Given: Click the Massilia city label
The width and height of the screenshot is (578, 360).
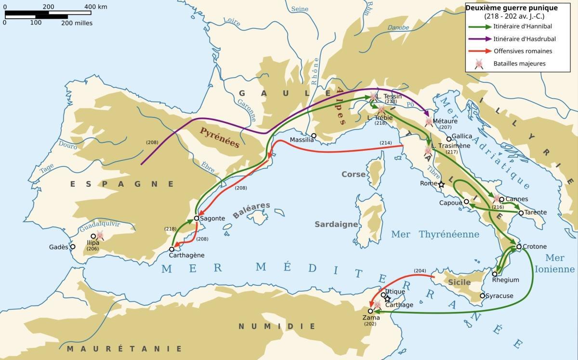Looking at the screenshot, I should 302,140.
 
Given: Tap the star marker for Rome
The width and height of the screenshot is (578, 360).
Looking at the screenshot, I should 441,184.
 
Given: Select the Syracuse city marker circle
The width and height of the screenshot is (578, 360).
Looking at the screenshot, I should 483,296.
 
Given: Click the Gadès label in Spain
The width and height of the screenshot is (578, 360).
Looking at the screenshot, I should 59,247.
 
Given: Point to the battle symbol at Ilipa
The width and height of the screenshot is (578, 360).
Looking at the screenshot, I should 100,235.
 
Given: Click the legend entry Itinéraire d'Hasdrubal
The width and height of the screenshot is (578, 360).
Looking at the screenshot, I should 523,39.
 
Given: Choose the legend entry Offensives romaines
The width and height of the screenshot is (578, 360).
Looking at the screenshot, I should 523,51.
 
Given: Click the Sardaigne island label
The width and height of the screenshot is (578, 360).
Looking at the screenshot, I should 336,224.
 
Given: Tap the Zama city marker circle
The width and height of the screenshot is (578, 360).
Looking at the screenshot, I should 370,311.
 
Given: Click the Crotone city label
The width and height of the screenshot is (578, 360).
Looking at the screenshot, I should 535,246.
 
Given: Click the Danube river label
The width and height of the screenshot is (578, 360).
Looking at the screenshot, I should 398,28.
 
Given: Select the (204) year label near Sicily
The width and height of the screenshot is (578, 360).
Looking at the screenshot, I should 420,270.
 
